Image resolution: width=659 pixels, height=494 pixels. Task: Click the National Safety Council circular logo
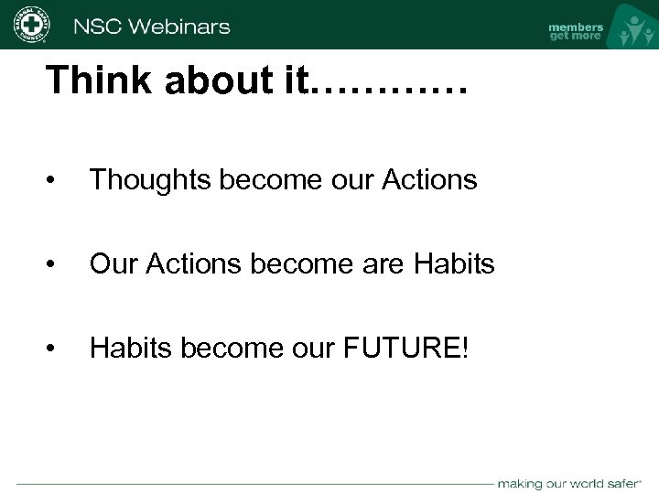coord(31,25)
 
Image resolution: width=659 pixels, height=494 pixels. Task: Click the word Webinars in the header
coord(179,26)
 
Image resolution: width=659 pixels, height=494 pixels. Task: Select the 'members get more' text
coord(575,31)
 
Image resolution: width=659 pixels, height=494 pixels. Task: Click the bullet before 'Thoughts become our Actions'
coord(57,181)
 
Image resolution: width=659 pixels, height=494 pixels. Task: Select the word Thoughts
coord(151,180)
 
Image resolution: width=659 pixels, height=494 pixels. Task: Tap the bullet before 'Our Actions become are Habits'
coord(57,265)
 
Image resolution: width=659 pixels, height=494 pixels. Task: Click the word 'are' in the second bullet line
coord(384,264)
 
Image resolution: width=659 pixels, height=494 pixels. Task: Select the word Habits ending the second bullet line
coord(454,264)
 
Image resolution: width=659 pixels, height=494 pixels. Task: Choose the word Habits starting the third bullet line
coord(129,349)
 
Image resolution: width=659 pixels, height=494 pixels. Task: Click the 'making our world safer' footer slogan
coord(572,482)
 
